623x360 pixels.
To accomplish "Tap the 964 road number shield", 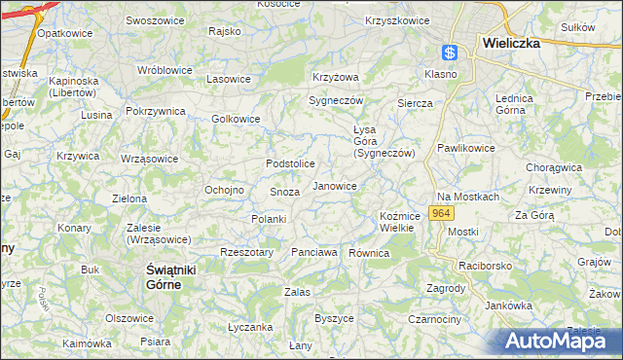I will (441, 213).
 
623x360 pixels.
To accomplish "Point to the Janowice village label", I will (334, 186).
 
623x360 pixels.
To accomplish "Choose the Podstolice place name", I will (291, 163).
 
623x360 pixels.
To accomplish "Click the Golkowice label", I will (236, 120).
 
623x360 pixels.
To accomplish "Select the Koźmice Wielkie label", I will (398, 222).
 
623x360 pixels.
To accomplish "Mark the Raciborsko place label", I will (487, 265).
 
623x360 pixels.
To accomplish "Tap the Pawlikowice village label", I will (465, 148).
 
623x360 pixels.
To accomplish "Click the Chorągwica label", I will (554, 167).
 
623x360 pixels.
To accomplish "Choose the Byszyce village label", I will (334, 318).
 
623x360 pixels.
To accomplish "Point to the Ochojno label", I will (223, 190).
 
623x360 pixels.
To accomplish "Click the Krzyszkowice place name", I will (397, 20).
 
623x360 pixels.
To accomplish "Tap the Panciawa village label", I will (314, 253).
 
